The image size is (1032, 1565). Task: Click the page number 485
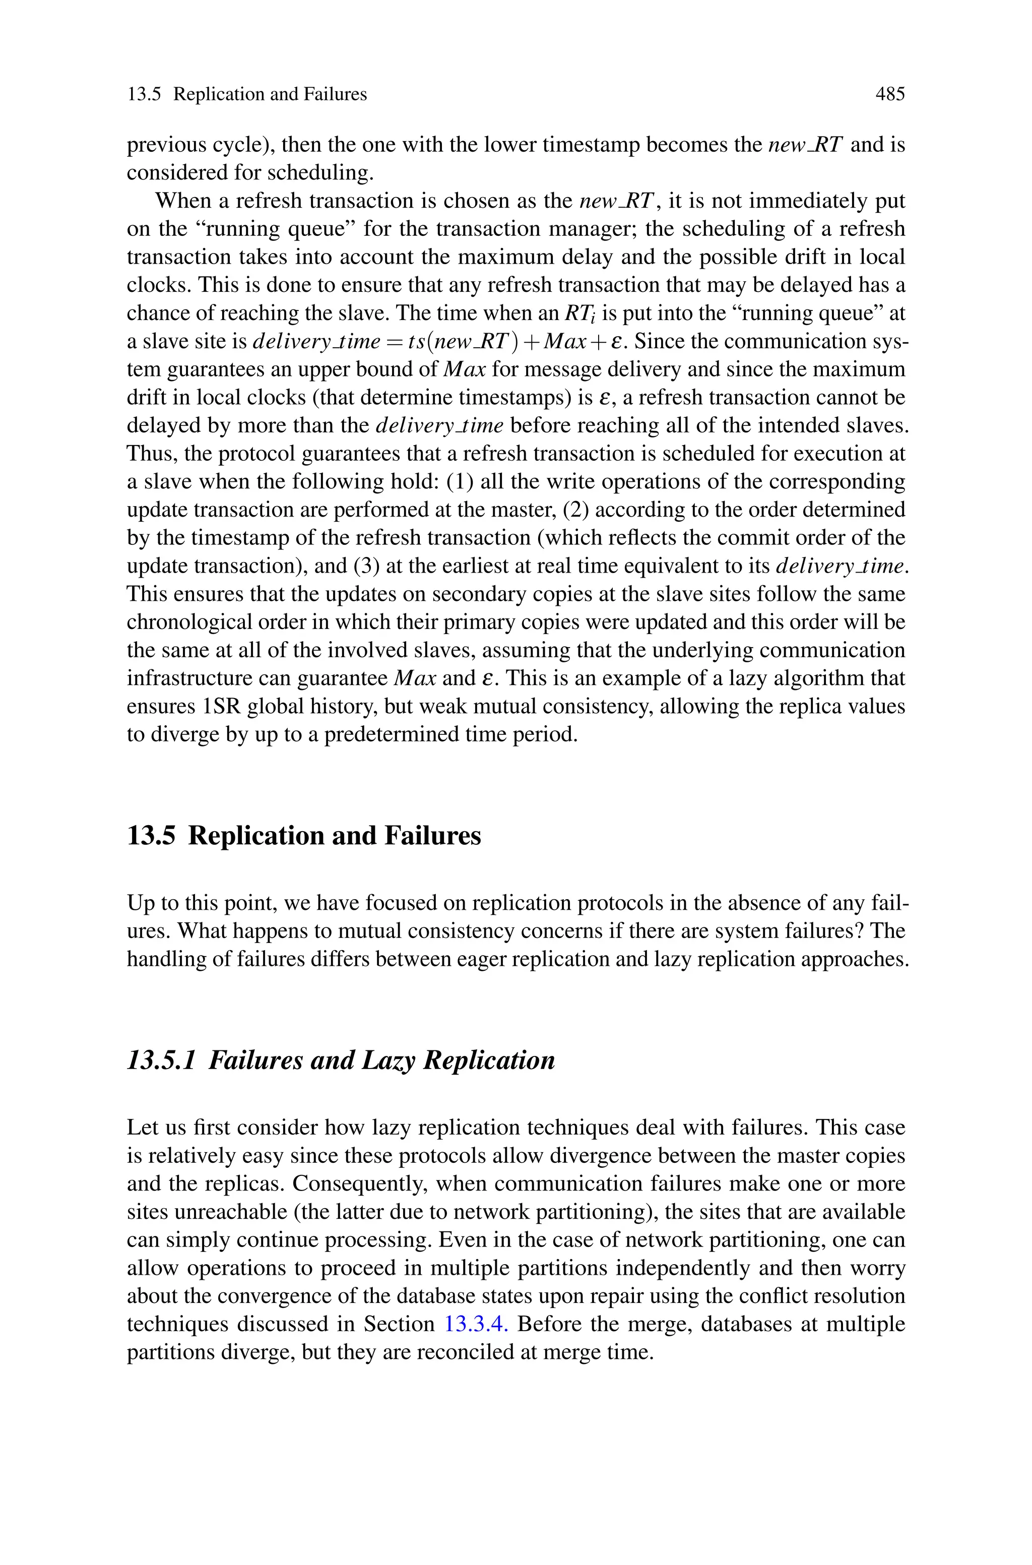(890, 94)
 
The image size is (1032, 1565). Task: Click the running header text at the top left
(247, 94)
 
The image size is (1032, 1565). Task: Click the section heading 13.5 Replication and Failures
(303, 836)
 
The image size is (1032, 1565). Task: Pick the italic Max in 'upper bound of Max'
(465, 369)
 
